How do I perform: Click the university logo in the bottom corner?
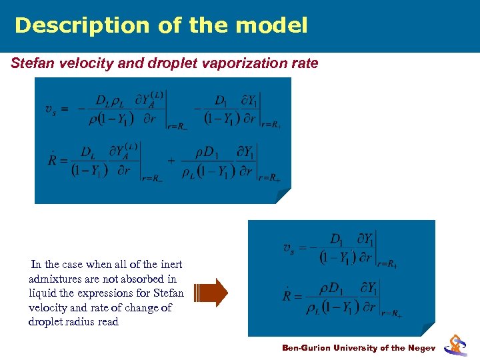(457, 344)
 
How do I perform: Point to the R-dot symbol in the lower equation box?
(289, 295)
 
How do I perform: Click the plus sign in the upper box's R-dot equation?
(171, 161)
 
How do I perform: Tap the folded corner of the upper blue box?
(283, 196)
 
